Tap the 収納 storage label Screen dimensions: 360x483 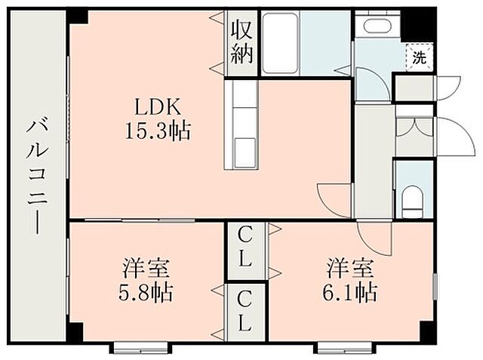pos(242,42)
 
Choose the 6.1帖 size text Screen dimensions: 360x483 pos(352,291)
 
